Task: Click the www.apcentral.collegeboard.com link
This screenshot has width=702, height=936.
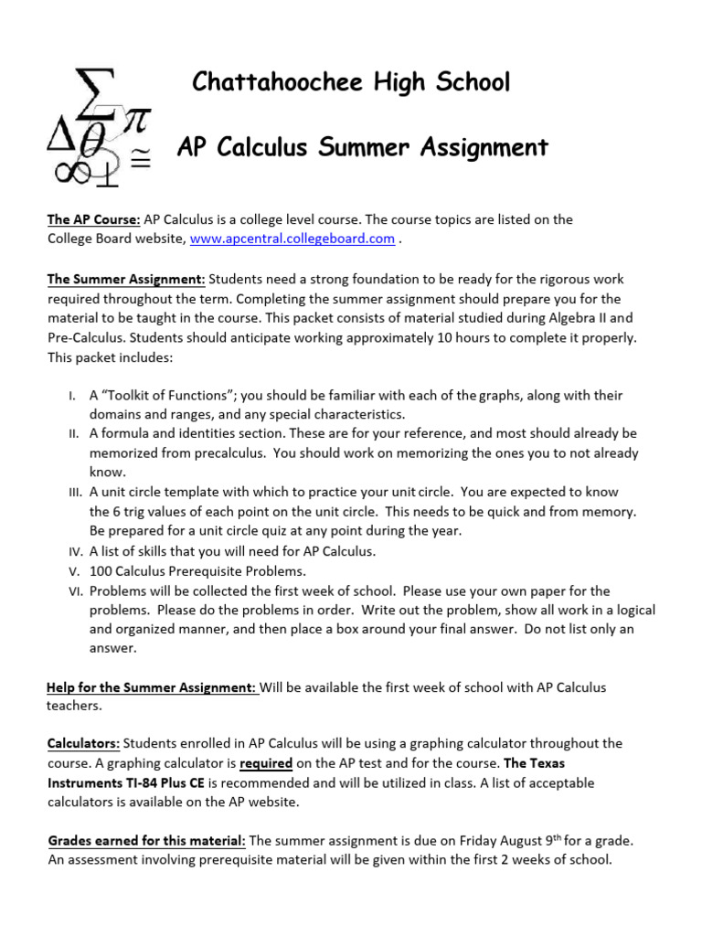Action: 292,239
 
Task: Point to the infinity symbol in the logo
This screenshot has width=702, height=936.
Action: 68,171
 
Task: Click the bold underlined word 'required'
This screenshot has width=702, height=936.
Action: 267,762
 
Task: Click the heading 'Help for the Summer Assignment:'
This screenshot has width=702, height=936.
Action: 153,686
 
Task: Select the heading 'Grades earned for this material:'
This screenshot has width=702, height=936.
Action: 146,840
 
